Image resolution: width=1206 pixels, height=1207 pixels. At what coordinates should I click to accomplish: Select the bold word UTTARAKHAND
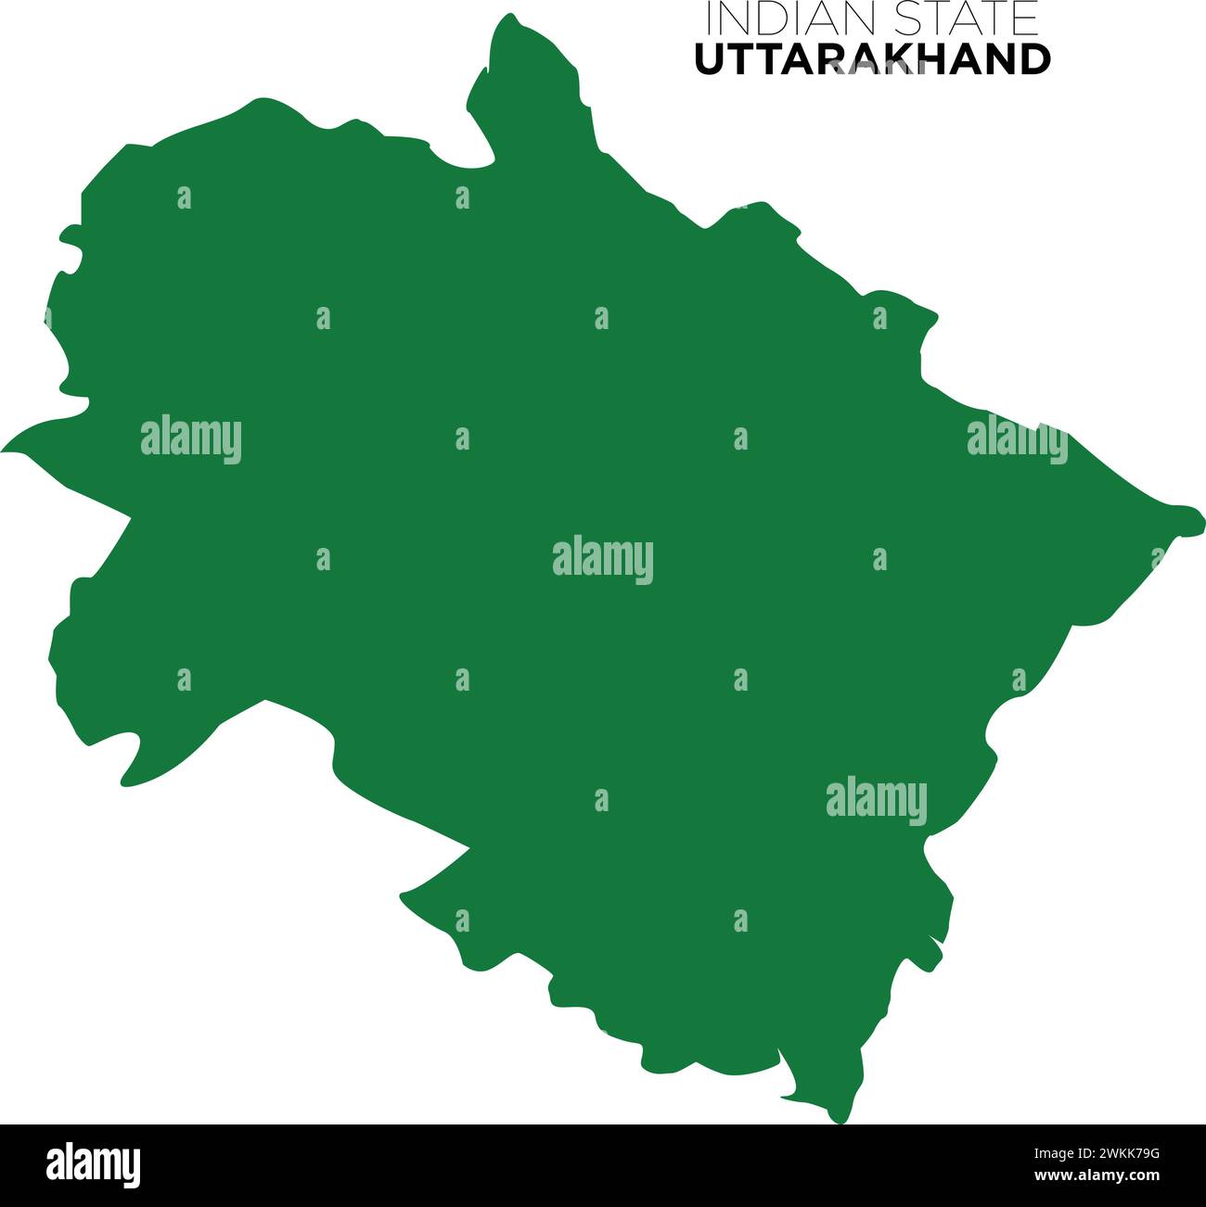click(x=872, y=59)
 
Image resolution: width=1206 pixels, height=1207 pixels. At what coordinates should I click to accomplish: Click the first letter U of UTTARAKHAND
click(x=710, y=59)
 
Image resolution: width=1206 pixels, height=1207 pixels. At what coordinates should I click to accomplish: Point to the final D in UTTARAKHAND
click(x=1034, y=59)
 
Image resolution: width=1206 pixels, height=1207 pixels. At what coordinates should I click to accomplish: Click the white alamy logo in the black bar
click(x=94, y=1164)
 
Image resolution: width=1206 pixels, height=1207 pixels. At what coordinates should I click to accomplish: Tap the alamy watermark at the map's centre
click(x=603, y=560)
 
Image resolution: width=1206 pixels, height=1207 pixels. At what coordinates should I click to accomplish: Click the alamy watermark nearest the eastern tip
click(x=1017, y=439)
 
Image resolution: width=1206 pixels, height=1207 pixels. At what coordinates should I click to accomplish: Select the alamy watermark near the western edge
click(x=191, y=439)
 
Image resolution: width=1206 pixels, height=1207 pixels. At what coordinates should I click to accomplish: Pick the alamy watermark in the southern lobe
click(x=876, y=800)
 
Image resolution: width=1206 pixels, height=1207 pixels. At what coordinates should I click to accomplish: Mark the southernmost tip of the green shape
click(x=838, y=1119)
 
